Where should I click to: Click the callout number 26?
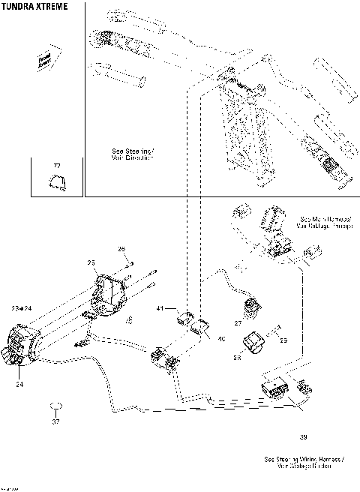pos(121,248)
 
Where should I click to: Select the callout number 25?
pos(91,262)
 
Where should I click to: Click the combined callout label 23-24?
pos(22,307)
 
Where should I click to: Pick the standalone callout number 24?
pos(18,382)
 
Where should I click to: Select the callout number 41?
pos(160,308)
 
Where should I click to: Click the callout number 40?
pos(220,340)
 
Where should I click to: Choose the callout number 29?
pos(283,340)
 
